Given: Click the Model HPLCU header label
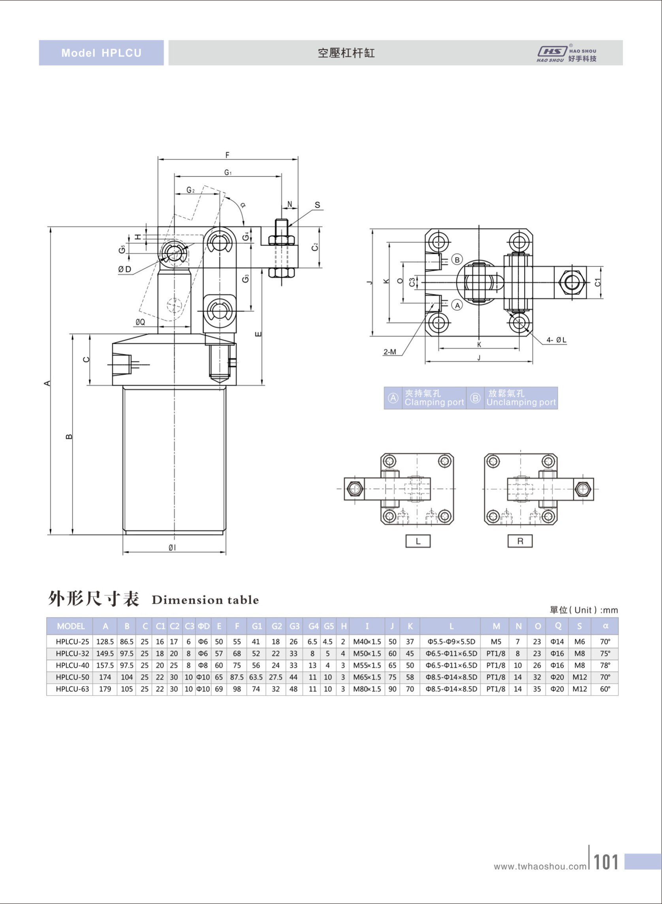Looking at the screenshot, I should click(x=102, y=53).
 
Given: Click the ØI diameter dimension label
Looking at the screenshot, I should click(x=172, y=548).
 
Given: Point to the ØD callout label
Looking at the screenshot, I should click(x=125, y=269).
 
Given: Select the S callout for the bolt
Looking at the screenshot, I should click(x=317, y=205).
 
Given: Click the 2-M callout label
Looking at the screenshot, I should click(x=389, y=352).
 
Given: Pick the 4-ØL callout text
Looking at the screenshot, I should click(x=556, y=340).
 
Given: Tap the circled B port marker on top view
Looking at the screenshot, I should click(x=457, y=259).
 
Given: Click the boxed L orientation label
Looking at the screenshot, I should click(x=418, y=541).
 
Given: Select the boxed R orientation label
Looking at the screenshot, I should click(x=520, y=541).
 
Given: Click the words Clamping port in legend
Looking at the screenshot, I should click(x=434, y=402).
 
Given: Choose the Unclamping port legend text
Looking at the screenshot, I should click(x=521, y=402).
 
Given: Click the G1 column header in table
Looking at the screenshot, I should click(x=256, y=626).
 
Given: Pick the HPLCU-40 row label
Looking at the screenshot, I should click(x=73, y=665).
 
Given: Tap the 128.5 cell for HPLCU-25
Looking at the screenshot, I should click(x=105, y=641).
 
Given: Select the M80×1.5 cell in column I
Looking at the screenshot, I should click(x=367, y=689).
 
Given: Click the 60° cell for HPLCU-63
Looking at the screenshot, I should click(x=605, y=689).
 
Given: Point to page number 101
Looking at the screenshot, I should click(x=606, y=862).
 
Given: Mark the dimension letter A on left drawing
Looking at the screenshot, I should click(x=48, y=383).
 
